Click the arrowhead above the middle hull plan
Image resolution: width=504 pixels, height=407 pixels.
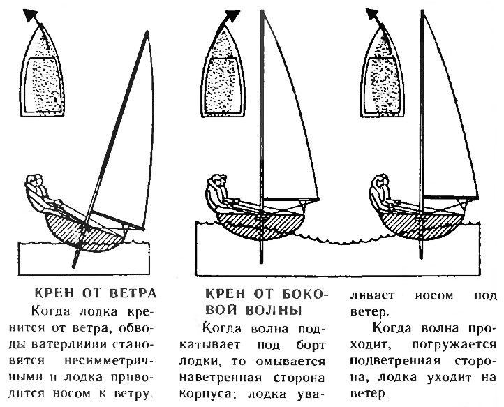[232, 16]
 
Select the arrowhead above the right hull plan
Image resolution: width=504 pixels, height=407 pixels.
[372, 15]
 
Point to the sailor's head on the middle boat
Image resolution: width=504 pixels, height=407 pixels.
[219, 180]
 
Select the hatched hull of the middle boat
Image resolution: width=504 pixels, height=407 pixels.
[260, 225]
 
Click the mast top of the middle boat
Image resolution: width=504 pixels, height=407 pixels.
[262, 12]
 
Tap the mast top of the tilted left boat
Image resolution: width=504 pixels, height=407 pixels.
[147, 33]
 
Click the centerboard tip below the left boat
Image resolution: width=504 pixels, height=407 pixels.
[74, 265]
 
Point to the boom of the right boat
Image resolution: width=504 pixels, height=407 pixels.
[450, 196]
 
